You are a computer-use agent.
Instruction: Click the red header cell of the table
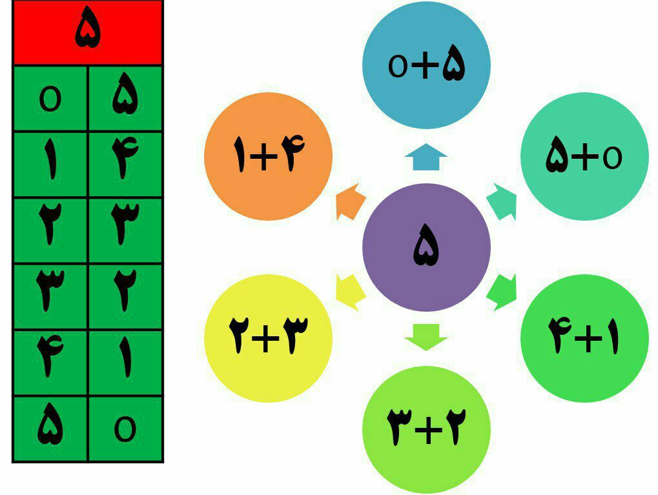tap(88, 32)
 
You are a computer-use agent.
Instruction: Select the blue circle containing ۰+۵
tap(426, 65)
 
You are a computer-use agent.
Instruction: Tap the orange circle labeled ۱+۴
tap(268, 156)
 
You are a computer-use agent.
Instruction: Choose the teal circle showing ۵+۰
tap(584, 156)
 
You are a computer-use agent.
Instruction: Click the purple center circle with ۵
tap(426, 247)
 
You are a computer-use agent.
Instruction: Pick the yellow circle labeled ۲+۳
tap(268, 338)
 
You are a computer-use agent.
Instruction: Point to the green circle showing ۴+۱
tap(584, 338)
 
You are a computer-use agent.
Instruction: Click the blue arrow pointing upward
tap(426, 157)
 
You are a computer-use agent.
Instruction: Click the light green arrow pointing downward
tap(426, 337)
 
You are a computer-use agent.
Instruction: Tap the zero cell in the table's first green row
tap(50, 99)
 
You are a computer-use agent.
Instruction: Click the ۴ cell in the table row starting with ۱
tap(125, 165)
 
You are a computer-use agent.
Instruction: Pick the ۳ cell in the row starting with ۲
tap(125, 230)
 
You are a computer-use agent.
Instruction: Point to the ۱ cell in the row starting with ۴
tap(125, 362)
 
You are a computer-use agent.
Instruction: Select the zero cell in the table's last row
tap(125, 429)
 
